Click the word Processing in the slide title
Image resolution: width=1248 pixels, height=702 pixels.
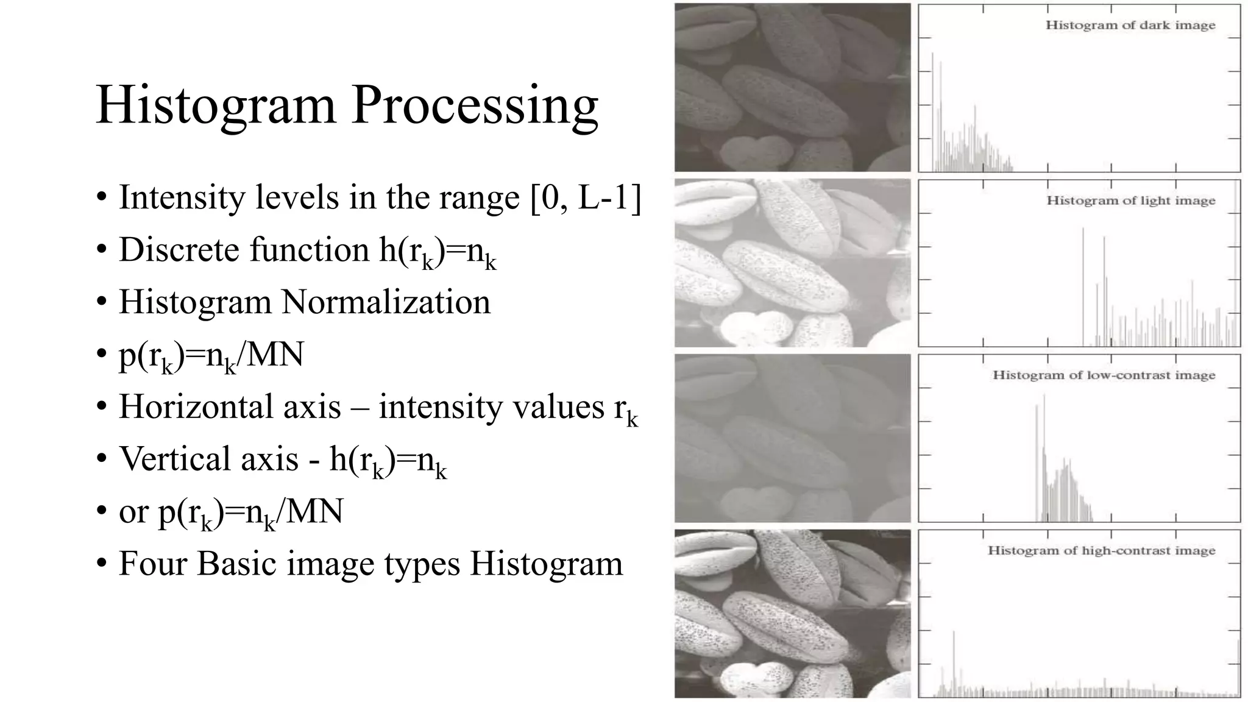(x=475, y=105)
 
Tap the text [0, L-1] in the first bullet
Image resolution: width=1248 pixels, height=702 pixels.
(x=586, y=197)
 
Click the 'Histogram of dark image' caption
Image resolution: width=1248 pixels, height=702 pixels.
(x=1130, y=26)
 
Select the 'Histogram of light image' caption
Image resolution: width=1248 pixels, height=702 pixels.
(x=1130, y=201)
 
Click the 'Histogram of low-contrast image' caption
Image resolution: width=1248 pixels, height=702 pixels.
(x=1104, y=375)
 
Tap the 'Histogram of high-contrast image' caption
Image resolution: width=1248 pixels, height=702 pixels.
(x=1101, y=551)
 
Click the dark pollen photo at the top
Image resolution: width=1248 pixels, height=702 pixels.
(x=792, y=87)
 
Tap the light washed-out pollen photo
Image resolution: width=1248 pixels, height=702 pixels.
(x=792, y=263)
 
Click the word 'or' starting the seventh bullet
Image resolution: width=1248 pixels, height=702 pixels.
(x=133, y=512)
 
